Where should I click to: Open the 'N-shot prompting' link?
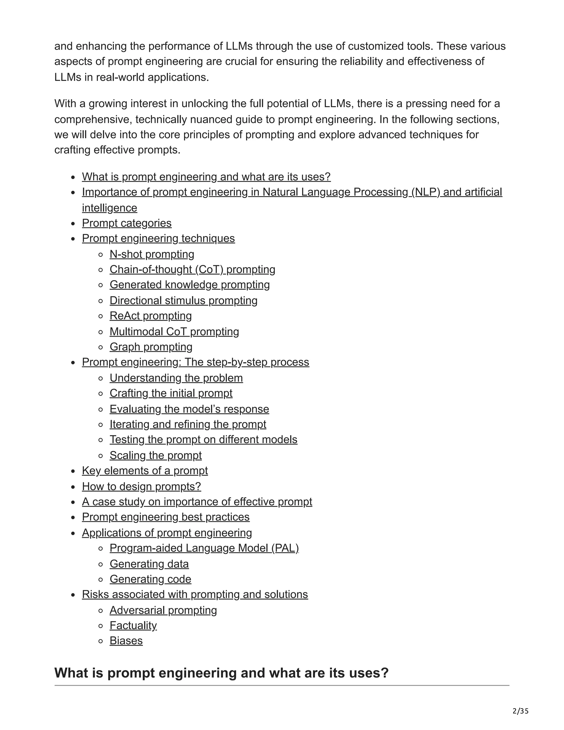pos(152,254)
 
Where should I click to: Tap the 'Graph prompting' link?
pos(151,347)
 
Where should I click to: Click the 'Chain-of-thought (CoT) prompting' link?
pos(192,269)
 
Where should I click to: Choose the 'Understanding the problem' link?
pos(176,378)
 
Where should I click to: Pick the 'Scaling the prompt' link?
pos(155,455)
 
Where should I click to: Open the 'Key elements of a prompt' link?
pos(145,471)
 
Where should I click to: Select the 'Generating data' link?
pos(149,564)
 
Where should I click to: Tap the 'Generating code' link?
pos(150,579)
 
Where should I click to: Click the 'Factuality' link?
pos(133,625)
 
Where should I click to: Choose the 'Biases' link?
pos(126,641)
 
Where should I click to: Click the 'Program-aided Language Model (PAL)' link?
pos(204,548)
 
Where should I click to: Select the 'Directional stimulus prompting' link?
pos(183,301)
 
